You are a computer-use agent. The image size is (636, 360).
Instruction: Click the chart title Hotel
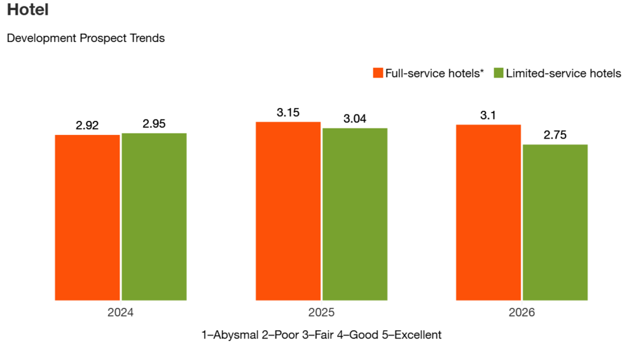coord(28,11)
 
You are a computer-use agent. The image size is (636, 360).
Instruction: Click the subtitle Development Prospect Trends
coord(86,38)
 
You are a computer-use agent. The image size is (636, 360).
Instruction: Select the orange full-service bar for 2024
coord(87,217)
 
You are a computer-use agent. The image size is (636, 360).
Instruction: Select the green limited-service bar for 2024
coord(154,216)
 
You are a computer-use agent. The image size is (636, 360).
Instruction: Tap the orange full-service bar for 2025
coord(288,211)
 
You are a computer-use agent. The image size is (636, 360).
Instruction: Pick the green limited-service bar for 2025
coord(355,214)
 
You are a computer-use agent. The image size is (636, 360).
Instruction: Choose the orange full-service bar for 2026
coord(488,212)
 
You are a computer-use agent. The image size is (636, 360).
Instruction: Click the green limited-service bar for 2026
coord(555,222)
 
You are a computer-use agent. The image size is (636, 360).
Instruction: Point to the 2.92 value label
coord(87,125)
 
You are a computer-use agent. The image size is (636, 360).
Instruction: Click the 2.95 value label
coord(154,124)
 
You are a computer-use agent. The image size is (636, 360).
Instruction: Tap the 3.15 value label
coord(288,113)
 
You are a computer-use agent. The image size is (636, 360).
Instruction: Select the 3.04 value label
coord(355,119)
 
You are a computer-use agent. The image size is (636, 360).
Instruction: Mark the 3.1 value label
coord(488,115)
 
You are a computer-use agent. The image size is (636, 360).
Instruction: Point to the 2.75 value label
coord(555,135)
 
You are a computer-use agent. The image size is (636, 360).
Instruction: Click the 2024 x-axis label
coord(121,313)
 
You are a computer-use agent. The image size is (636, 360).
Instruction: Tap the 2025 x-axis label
coord(321,313)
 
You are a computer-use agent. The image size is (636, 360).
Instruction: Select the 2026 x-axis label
coord(522,313)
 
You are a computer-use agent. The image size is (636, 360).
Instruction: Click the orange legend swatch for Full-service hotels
coord(378,73)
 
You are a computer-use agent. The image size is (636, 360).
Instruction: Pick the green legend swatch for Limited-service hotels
coord(498,73)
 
